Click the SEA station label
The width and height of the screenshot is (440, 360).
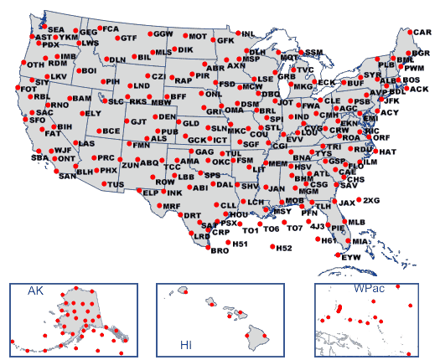tap(55, 29)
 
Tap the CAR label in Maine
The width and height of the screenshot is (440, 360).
tap(422, 33)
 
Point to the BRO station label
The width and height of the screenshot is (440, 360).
tap(220, 250)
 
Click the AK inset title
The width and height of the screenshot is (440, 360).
tap(36, 291)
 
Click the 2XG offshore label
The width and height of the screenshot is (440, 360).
tap(371, 201)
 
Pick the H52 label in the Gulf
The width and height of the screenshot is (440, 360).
tap(284, 249)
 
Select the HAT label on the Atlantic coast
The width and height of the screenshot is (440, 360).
tap(386, 152)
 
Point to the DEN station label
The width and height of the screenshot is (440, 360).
tap(167, 117)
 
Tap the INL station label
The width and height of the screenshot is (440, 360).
tap(248, 34)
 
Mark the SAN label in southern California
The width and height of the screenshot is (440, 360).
tap(67, 177)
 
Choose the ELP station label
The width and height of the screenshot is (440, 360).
tap(151, 193)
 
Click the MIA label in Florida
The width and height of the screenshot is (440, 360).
tap(360, 242)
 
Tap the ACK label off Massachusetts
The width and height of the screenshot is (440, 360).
tap(419, 89)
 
